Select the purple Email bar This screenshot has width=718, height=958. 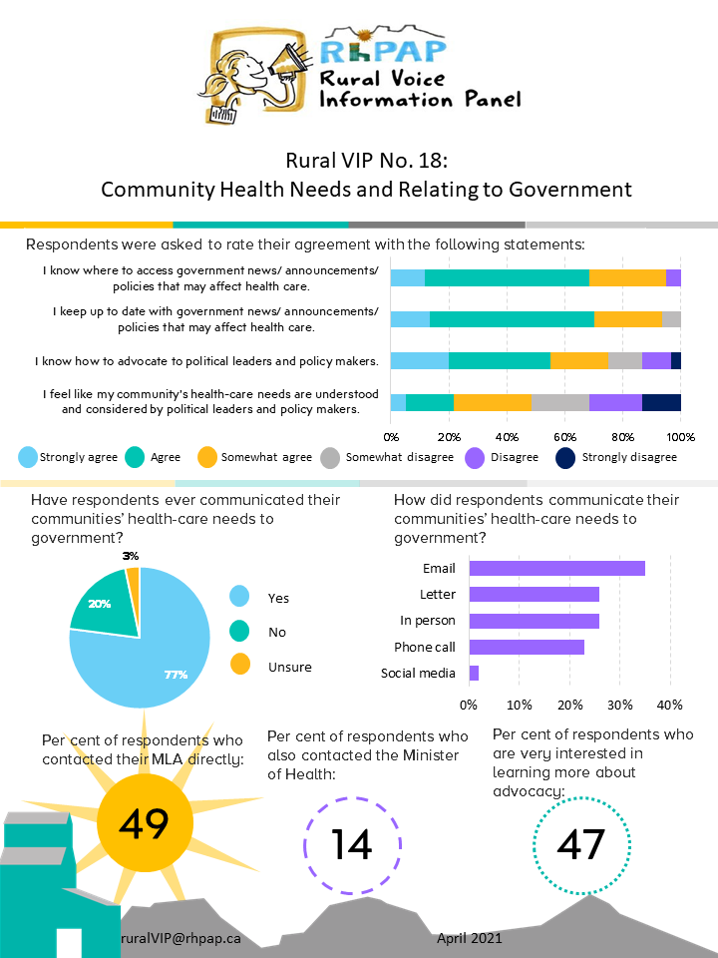coord(556,568)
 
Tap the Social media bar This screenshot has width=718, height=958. coord(474,674)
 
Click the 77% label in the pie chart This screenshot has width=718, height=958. coord(176,675)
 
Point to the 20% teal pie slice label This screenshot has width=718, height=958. coord(100,604)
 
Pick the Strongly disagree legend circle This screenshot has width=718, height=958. coord(565,458)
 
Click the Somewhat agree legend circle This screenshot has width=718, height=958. coord(207,458)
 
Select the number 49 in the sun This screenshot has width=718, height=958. coord(145,823)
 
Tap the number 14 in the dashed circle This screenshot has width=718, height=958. coord(352,845)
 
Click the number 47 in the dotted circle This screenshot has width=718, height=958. coord(581,845)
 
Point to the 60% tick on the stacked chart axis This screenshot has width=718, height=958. coord(564,437)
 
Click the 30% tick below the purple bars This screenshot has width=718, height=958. coord(619,705)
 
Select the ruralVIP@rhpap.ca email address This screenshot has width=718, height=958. coord(180,938)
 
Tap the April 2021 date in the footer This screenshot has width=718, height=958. coord(470,938)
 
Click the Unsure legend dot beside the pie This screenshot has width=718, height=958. coord(240,665)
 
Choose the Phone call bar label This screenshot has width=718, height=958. coord(425,647)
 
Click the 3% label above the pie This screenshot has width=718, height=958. coord(131,556)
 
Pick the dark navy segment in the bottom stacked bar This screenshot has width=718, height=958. coord(661,402)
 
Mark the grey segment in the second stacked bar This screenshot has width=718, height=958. coord(671,319)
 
